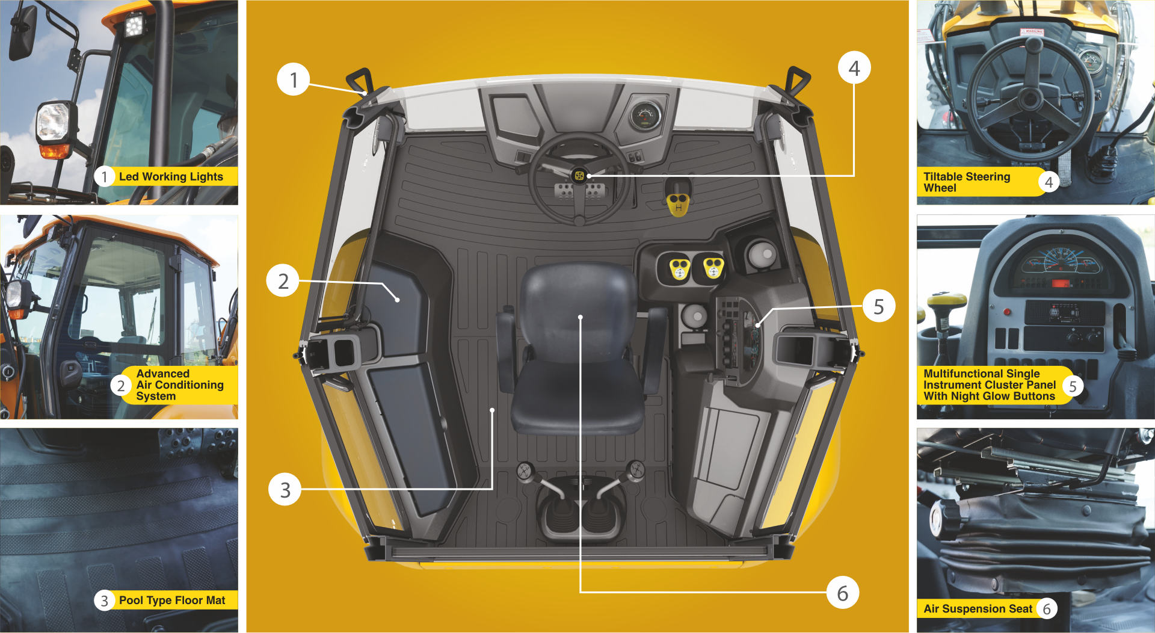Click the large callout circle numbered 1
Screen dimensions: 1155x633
coord(294,79)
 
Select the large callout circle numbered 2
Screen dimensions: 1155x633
coord(283,280)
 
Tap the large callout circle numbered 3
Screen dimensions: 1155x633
coord(285,489)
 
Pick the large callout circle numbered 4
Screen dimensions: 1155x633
coord(854,68)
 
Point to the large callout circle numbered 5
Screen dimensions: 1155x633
coord(879,306)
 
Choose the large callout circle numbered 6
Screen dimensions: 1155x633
coord(843,593)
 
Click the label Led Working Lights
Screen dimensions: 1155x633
coord(171,177)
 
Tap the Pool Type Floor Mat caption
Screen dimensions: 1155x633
coord(172,601)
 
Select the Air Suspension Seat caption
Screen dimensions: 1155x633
coord(978,609)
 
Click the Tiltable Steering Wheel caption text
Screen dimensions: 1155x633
coord(967,182)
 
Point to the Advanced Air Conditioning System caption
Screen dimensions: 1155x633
coord(180,385)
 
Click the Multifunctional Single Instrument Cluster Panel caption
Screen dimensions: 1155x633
coord(990,385)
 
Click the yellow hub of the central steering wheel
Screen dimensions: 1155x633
coord(579,176)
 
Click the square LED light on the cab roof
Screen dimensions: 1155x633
coord(134,25)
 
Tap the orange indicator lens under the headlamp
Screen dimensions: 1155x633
coord(55,150)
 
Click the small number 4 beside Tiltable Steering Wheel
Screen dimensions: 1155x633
coord(1049,182)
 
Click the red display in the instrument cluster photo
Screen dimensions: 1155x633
coord(1061,283)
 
